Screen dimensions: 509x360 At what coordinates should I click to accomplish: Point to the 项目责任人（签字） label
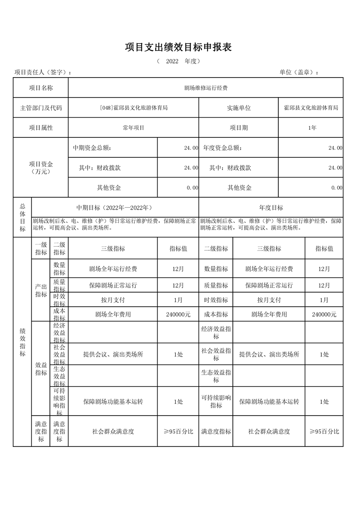43,73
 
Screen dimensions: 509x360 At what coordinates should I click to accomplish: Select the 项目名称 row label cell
41,88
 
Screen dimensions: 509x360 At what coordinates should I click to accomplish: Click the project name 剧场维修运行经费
206,88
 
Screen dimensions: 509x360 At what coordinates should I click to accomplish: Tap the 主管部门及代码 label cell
41,108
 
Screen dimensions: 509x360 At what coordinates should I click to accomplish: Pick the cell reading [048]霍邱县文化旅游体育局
133,108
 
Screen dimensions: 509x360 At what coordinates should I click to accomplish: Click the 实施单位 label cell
239,108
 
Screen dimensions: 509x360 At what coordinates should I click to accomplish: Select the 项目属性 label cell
41,128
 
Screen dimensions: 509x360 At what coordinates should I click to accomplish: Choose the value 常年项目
133,128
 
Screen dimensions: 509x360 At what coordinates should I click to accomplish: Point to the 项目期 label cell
239,128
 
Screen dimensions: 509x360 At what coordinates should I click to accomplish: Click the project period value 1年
312,128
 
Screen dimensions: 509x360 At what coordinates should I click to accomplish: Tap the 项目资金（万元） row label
41,168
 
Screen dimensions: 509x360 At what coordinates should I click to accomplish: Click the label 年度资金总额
222,148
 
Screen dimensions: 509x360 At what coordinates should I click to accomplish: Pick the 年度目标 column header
271,208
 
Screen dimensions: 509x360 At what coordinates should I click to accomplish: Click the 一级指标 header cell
41,249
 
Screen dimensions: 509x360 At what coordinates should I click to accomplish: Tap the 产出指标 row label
41,290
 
